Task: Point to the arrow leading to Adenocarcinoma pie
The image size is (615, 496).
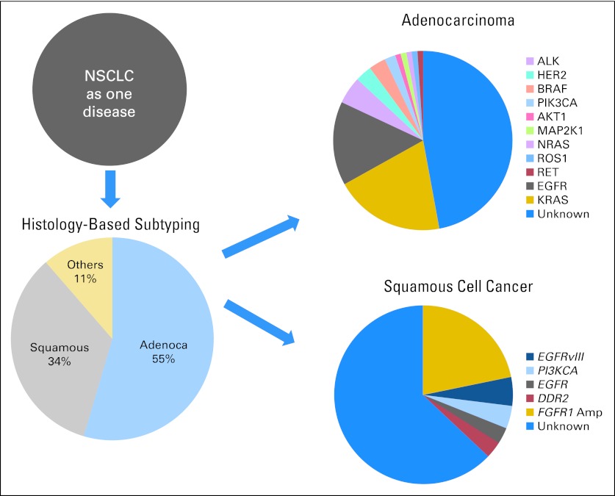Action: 260,237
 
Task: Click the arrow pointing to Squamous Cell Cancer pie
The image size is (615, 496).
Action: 260,320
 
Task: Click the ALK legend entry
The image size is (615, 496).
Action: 547,60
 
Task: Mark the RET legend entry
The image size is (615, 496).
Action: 547,172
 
